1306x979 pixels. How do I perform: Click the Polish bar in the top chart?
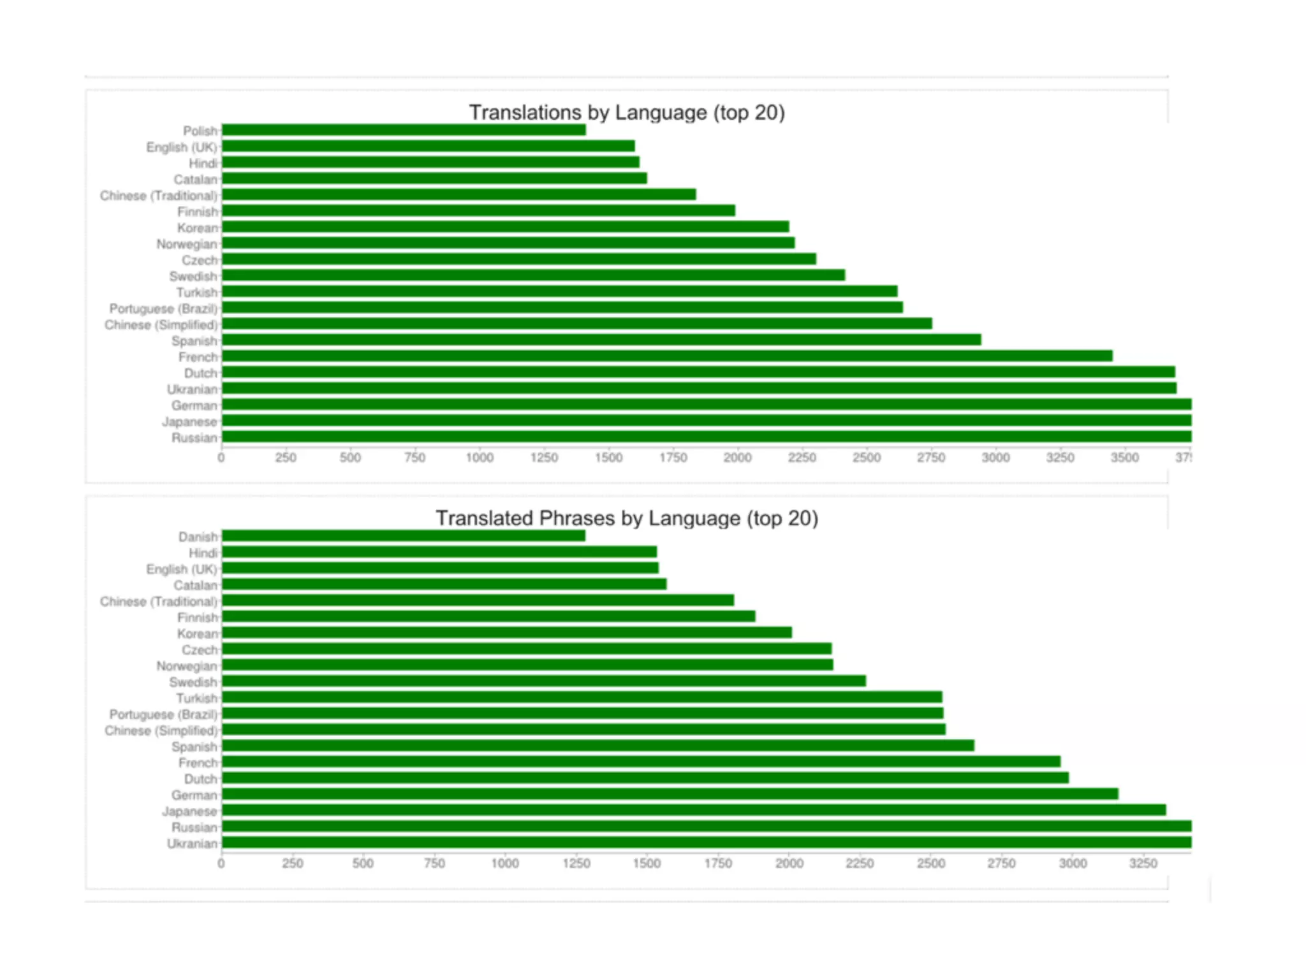(x=403, y=130)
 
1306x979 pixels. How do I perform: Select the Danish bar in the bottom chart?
(x=403, y=536)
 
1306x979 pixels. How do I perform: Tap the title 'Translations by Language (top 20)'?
(x=627, y=112)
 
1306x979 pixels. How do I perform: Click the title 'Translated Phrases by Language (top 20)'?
(x=627, y=518)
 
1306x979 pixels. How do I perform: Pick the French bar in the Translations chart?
(x=666, y=356)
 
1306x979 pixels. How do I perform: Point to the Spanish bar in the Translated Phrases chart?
(x=598, y=746)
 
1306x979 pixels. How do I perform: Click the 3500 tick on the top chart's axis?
(x=1124, y=458)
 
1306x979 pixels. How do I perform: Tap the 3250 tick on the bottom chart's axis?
(x=1143, y=864)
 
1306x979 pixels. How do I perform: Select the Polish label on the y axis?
(x=200, y=131)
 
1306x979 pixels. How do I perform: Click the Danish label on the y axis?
(x=198, y=537)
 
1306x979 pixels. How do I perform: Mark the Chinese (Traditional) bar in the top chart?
(x=459, y=194)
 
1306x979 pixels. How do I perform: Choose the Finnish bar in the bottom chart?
(x=488, y=616)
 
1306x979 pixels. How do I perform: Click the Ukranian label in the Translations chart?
(x=192, y=389)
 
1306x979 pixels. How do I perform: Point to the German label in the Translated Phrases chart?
(x=194, y=795)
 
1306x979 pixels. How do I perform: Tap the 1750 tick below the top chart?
(x=673, y=458)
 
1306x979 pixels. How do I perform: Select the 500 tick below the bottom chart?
(x=363, y=864)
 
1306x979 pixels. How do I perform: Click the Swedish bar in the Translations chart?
(x=533, y=275)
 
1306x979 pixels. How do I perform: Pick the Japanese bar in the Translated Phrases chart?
(x=693, y=810)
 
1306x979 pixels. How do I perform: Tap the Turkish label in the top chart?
(x=197, y=293)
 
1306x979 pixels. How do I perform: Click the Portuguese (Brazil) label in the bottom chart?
(x=163, y=714)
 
